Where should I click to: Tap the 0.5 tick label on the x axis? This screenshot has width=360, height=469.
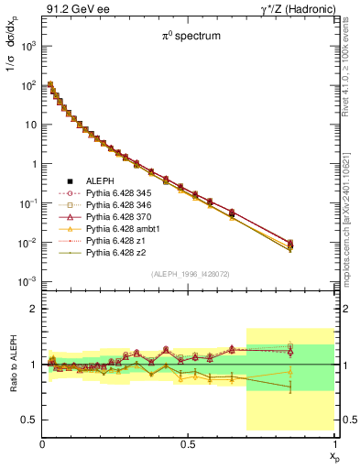188,444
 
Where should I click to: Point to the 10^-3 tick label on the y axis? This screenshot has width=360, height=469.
27,281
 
